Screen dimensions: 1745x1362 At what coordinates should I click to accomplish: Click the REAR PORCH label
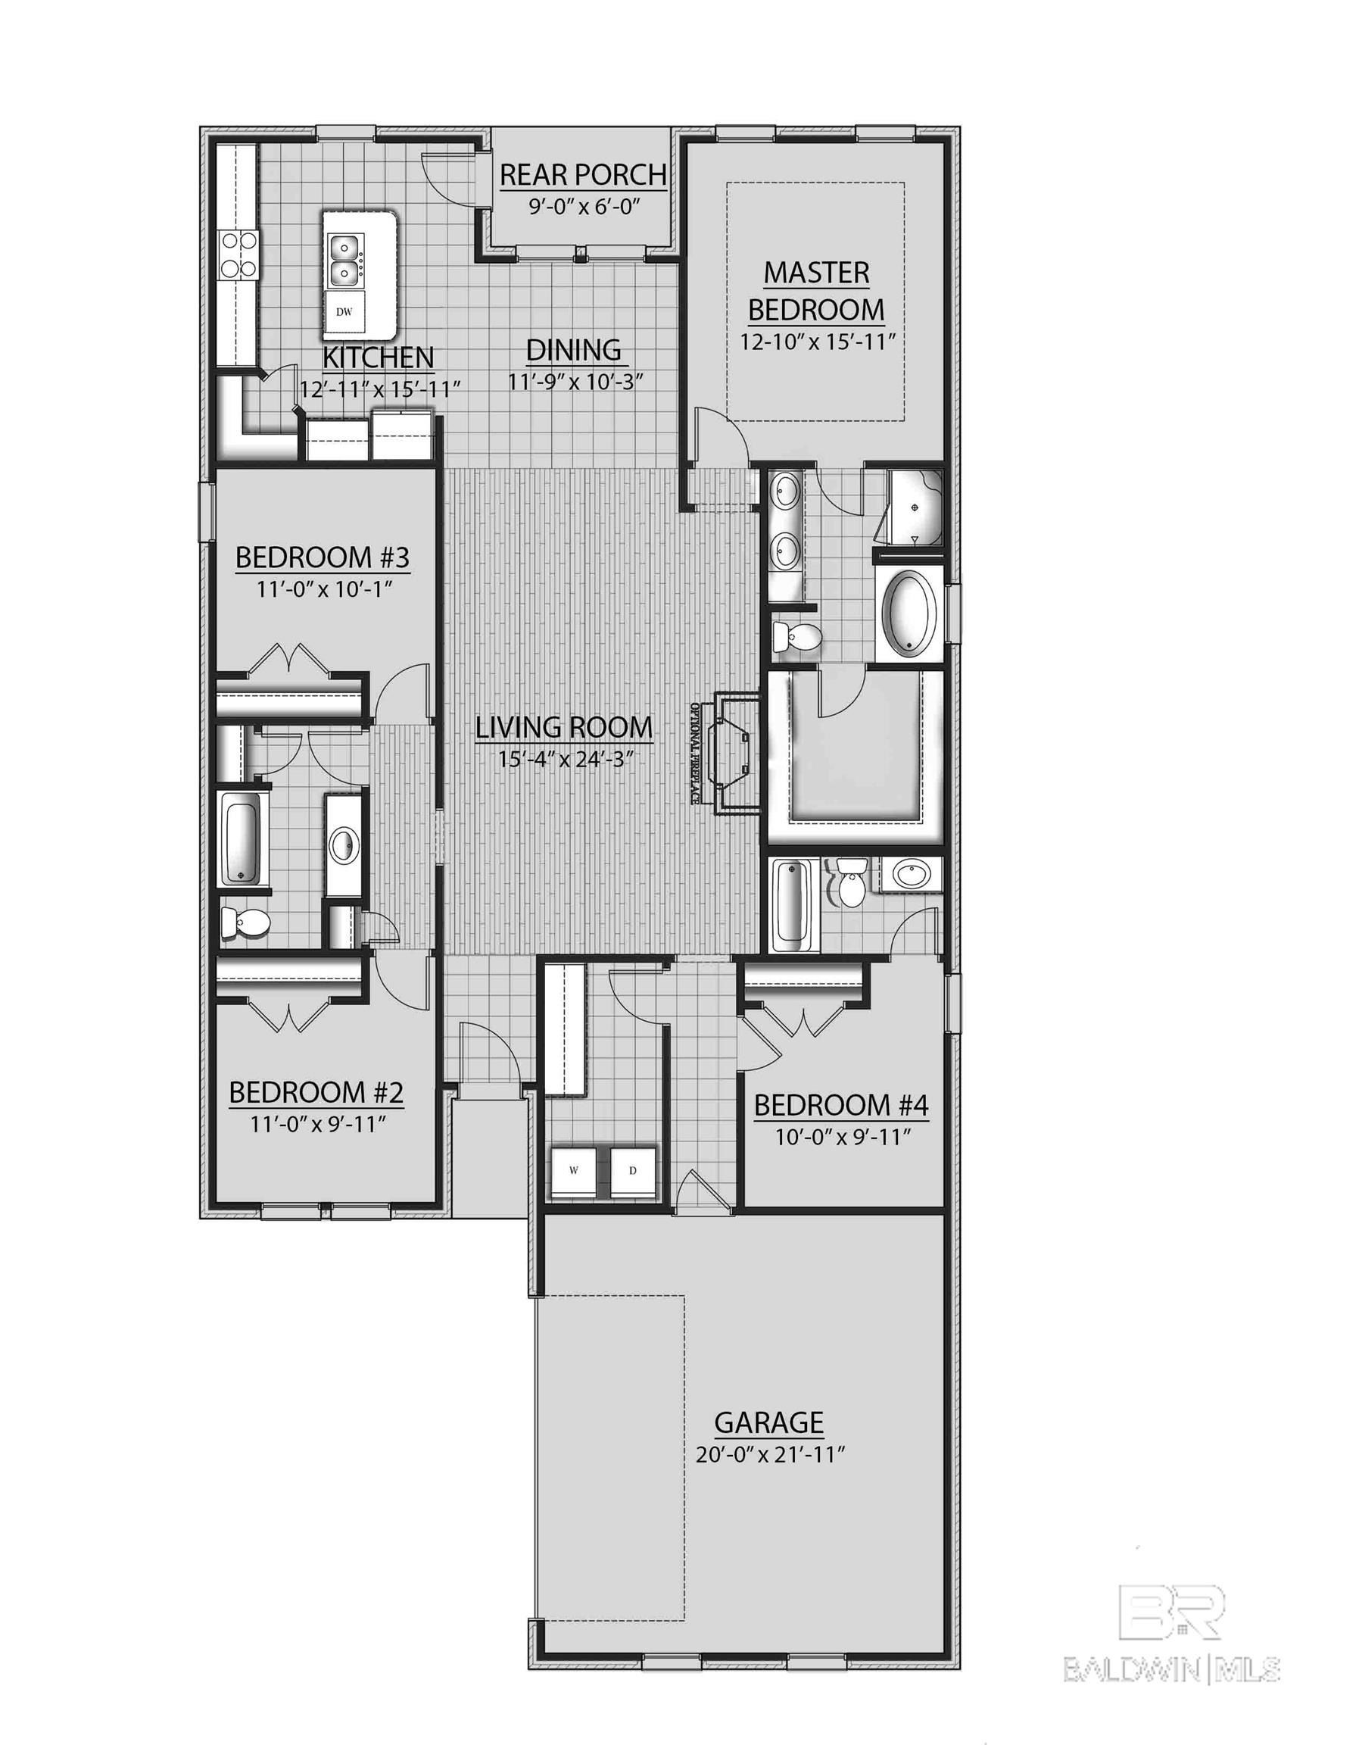(x=582, y=173)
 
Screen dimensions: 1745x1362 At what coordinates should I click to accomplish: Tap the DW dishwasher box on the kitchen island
(x=344, y=311)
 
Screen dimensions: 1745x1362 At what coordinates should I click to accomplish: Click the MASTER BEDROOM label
(x=815, y=290)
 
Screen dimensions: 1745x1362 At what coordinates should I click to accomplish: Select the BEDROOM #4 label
(x=841, y=1106)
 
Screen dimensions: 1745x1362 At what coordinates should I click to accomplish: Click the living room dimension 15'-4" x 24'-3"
(x=564, y=758)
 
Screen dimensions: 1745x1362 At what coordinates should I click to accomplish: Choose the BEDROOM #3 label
(x=323, y=557)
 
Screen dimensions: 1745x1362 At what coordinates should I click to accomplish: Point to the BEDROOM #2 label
(x=316, y=1092)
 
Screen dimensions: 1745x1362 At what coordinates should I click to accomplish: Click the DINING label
(x=574, y=350)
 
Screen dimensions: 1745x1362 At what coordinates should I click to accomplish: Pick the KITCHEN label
(x=379, y=357)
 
